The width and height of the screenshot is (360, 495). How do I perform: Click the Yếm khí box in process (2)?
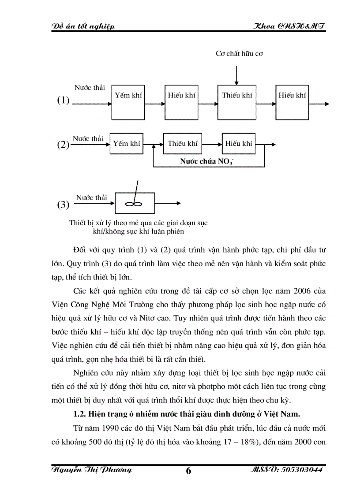[x=126, y=143]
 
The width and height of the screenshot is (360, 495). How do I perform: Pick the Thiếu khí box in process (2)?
[x=182, y=143]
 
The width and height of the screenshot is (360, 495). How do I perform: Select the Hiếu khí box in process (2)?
[x=239, y=143]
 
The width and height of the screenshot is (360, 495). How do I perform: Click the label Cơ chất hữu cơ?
[x=240, y=54]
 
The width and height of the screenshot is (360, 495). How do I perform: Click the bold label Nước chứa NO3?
[x=206, y=161]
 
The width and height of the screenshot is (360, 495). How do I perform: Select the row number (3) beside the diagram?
[x=63, y=205]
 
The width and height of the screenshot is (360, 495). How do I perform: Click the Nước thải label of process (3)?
[x=91, y=197]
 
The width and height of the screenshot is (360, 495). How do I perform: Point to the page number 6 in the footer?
[x=189, y=471]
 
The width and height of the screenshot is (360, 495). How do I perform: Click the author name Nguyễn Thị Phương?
[x=92, y=470]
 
